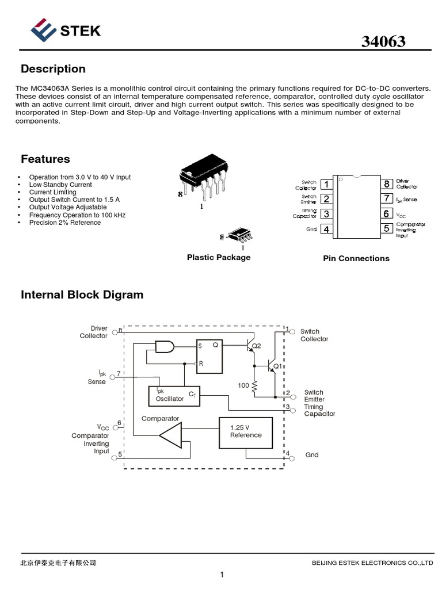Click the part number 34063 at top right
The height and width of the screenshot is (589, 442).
[383, 42]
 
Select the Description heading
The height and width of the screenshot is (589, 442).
[53, 69]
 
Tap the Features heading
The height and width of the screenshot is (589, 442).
[45, 159]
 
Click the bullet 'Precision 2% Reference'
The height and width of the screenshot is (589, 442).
[65, 223]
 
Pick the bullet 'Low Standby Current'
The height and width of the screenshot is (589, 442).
[60, 185]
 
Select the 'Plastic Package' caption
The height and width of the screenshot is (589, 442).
[219, 258]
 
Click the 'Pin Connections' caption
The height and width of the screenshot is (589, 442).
[356, 259]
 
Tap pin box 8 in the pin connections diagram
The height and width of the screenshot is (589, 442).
[387, 185]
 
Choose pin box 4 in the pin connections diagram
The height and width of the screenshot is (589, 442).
[326, 230]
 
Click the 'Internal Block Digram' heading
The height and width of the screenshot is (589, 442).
[82, 295]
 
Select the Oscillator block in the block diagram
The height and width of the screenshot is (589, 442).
[174, 396]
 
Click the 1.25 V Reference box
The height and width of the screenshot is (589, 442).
[246, 433]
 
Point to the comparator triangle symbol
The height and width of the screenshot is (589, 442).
[171, 435]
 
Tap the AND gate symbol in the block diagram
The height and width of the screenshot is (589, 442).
[165, 346]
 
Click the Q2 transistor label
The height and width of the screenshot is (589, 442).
[257, 346]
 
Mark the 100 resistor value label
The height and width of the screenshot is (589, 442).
[243, 385]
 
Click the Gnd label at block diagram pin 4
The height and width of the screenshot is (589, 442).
[312, 455]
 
